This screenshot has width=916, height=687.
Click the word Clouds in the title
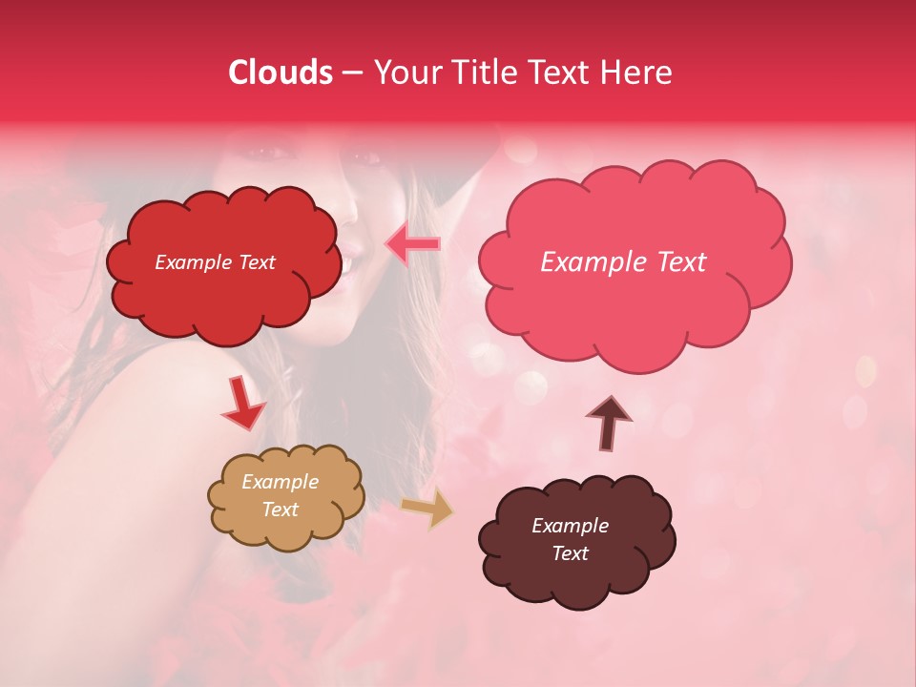point(281,73)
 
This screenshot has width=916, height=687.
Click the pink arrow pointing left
point(412,244)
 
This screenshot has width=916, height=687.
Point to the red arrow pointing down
point(243,403)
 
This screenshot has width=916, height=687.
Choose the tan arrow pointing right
point(427,509)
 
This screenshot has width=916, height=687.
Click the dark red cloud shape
point(222,264)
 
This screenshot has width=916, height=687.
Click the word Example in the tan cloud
point(280,482)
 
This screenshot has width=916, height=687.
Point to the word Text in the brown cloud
point(570,553)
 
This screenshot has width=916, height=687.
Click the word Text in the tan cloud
point(280,510)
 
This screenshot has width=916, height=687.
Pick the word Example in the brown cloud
point(570,526)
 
